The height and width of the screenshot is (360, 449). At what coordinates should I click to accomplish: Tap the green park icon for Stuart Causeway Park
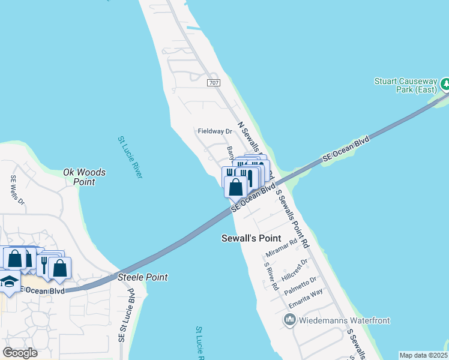[445, 83]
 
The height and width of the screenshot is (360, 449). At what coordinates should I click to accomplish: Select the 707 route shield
[213, 82]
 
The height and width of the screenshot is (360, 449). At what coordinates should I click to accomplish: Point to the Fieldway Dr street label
[215, 131]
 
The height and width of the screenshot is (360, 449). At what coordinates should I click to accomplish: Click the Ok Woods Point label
[85, 177]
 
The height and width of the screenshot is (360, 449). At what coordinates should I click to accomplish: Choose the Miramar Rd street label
[281, 253]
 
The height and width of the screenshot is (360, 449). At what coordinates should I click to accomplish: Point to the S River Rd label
[271, 277]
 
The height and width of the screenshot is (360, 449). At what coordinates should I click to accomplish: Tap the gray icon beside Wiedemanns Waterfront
[289, 320]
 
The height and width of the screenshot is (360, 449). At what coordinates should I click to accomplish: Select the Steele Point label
[143, 277]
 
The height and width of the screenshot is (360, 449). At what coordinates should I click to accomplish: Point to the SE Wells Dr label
[16, 190]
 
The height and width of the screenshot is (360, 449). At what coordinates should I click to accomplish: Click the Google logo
[20, 352]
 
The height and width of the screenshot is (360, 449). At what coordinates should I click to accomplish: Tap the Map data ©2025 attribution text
[423, 355]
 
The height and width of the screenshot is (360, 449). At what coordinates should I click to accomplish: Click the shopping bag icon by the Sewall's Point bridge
[235, 187]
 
